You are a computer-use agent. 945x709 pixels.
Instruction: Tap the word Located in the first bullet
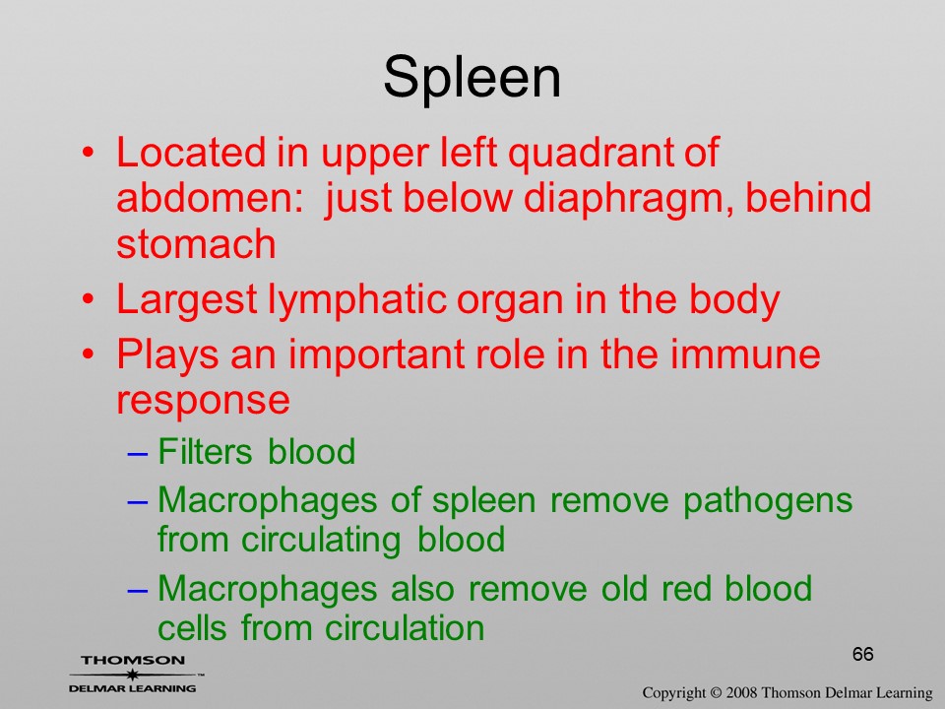pos(191,152)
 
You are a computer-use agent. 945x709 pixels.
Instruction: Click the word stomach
pos(196,243)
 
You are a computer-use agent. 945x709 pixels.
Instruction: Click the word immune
pos(745,354)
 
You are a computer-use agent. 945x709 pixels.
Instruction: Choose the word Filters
pos(205,451)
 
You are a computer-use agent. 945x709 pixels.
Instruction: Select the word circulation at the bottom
pos(405,628)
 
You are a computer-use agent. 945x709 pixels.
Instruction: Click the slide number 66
pos(863,654)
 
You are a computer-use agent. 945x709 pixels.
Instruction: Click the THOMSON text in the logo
pos(133,660)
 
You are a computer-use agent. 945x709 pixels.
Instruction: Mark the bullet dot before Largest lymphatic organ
pos(89,299)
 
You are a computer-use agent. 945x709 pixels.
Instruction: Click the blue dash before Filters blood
pos(138,453)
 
